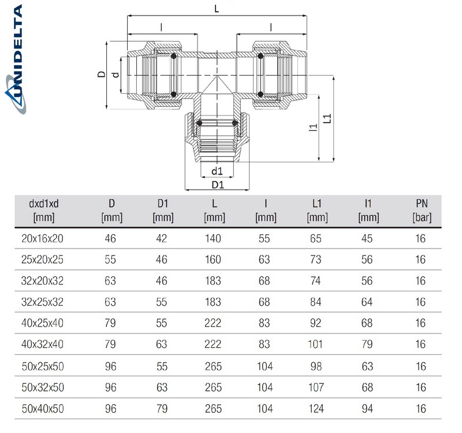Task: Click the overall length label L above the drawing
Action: coord(216,10)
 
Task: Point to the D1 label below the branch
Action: coord(217,184)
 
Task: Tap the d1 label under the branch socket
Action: coord(217,171)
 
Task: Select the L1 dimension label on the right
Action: coord(327,119)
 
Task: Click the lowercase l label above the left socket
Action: coord(161,27)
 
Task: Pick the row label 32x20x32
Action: coord(46,280)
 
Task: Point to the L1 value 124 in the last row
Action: coord(316,409)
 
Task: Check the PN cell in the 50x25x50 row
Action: coord(421,367)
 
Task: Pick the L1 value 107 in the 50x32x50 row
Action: coord(316,388)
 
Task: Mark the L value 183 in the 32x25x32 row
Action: coord(213,302)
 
